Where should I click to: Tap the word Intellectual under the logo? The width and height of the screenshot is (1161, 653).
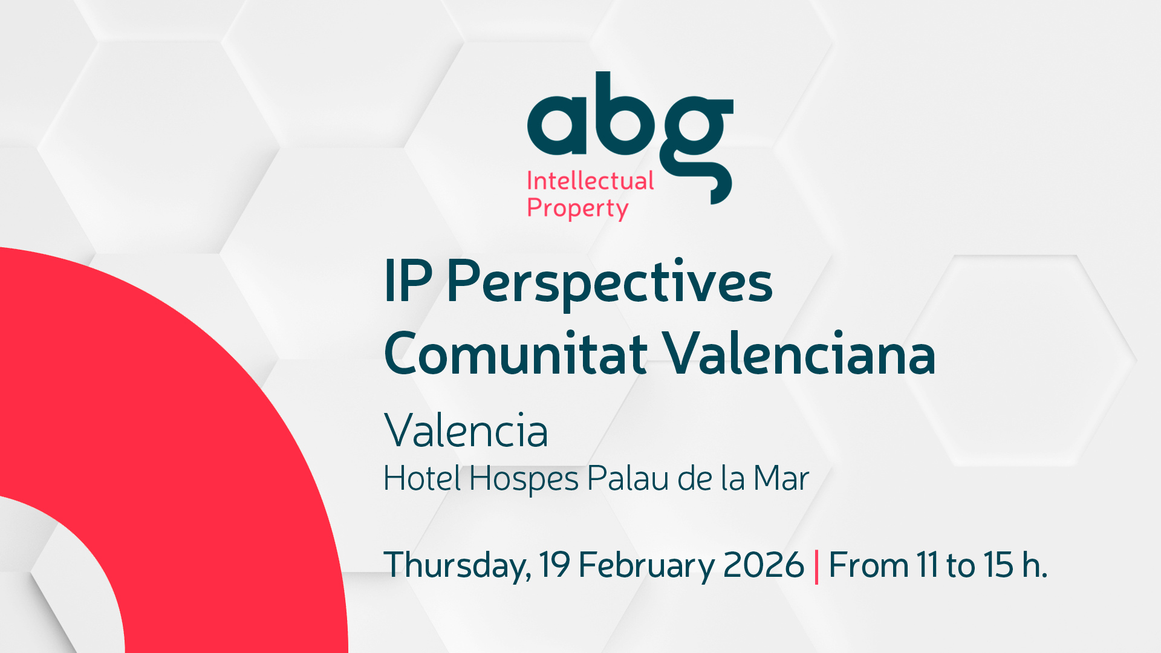(x=590, y=181)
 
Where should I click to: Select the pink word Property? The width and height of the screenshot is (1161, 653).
(x=577, y=209)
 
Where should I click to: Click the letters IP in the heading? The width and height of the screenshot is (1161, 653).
(x=408, y=281)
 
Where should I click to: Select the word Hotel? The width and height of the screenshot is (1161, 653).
(x=423, y=478)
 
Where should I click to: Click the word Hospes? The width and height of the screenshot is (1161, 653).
(x=524, y=480)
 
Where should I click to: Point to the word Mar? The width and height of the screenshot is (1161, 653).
(x=781, y=478)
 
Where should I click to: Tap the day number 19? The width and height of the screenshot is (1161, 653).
(x=554, y=565)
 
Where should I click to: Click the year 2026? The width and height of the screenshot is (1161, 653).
(x=763, y=565)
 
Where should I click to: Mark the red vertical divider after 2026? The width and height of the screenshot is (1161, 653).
(x=816, y=567)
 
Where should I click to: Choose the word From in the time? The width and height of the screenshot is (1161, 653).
(x=868, y=565)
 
